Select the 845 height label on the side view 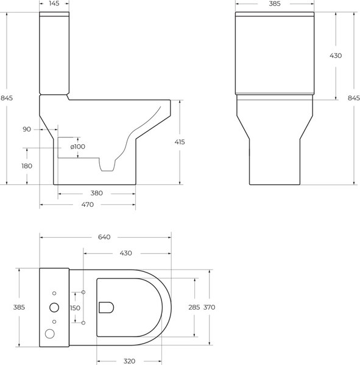[x=7, y=98]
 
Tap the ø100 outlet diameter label [x=77, y=147]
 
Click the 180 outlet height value [x=27, y=165]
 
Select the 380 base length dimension [x=96, y=193]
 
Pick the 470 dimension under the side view [x=87, y=204]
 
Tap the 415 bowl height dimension [x=179, y=141]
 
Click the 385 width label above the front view [x=275, y=4]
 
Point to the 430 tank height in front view [x=335, y=55]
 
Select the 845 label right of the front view [x=353, y=98]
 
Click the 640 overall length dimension [x=104, y=237]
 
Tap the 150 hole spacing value [x=74, y=308]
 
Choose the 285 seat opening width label [x=194, y=307]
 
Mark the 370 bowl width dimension [x=210, y=307]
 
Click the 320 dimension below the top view [x=129, y=361]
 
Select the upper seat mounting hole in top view [x=83, y=293]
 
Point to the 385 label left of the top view [x=18, y=307]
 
